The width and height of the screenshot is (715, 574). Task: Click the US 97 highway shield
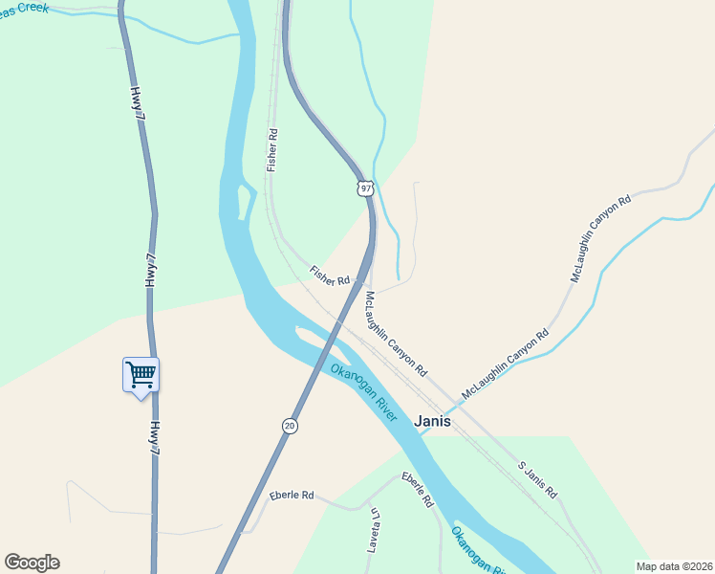[x=365, y=188]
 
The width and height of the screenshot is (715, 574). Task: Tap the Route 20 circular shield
[x=289, y=425]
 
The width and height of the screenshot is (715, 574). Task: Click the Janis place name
[x=432, y=421]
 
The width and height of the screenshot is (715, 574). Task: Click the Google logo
[x=32, y=563]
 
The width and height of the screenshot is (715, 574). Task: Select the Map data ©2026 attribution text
[x=674, y=566]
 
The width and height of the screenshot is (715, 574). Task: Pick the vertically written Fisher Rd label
[x=272, y=150]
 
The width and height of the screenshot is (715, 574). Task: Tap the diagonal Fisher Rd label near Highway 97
[x=330, y=276]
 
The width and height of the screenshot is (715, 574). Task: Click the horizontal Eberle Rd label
[x=292, y=496]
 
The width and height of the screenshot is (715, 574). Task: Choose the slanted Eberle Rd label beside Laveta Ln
[x=418, y=489]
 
